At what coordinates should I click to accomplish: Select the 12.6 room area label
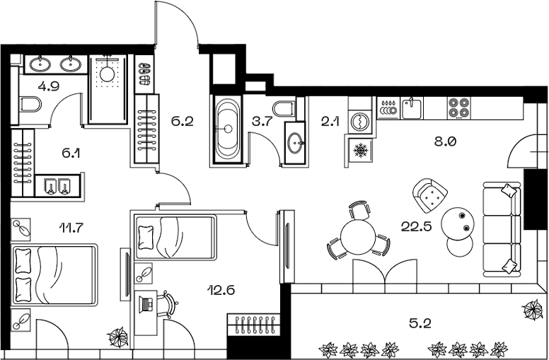click(221, 289)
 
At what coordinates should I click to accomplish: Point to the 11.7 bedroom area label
click(71, 227)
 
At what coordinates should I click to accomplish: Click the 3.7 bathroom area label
click(264, 122)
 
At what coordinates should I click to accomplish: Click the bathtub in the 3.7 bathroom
click(228, 130)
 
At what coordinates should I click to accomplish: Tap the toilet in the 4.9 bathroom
click(31, 107)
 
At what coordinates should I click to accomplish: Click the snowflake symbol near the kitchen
click(361, 151)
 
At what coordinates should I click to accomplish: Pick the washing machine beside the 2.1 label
click(361, 120)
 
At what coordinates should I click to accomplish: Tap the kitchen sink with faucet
click(411, 108)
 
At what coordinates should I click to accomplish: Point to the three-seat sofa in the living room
click(503, 230)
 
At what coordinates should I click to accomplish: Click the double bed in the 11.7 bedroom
click(54, 274)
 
